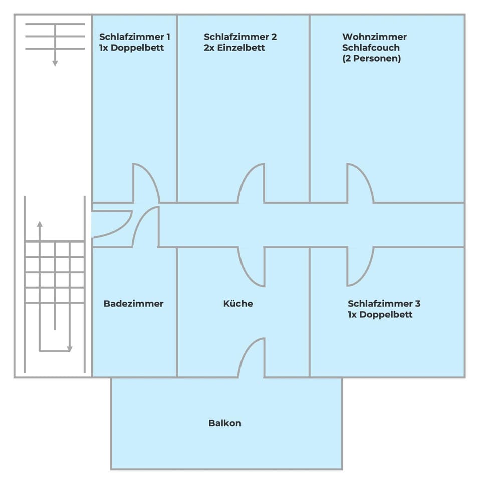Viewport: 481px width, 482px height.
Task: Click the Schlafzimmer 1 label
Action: (x=134, y=37)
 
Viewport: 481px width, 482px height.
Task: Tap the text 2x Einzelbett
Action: (x=234, y=48)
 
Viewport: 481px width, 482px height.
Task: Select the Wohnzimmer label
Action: (x=374, y=37)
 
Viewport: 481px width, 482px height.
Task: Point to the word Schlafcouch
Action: (x=371, y=48)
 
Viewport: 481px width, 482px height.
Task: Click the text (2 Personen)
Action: (x=371, y=58)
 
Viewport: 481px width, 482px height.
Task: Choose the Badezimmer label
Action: (x=133, y=303)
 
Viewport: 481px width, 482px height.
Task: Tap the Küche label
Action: (x=238, y=303)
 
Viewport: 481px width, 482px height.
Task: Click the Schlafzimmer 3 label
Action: (x=384, y=303)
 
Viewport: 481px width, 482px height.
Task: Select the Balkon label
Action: (x=224, y=423)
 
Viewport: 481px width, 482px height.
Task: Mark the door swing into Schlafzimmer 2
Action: (x=252, y=184)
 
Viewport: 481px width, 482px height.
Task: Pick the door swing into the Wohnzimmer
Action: (x=359, y=184)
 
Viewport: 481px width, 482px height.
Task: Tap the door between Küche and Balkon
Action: (x=252, y=358)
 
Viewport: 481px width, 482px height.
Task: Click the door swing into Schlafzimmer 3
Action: (x=359, y=266)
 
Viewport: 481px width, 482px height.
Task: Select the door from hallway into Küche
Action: (x=252, y=266)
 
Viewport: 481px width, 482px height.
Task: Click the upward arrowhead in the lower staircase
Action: (x=40, y=223)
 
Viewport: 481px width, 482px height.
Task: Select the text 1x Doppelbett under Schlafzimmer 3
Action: (x=380, y=315)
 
